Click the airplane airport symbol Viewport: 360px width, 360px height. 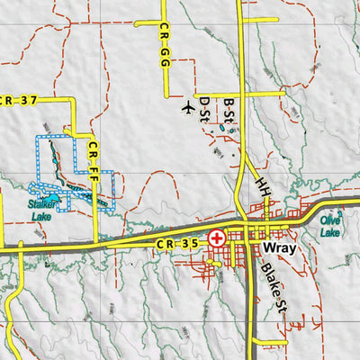(187, 109)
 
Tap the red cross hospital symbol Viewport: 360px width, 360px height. (217, 239)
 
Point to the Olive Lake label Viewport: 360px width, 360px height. (330, 227)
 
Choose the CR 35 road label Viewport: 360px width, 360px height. (175, 243)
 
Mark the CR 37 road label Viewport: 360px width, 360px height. (18, 100)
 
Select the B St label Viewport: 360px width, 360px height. (229, 111)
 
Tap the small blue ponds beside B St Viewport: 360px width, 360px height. (222, 129)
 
